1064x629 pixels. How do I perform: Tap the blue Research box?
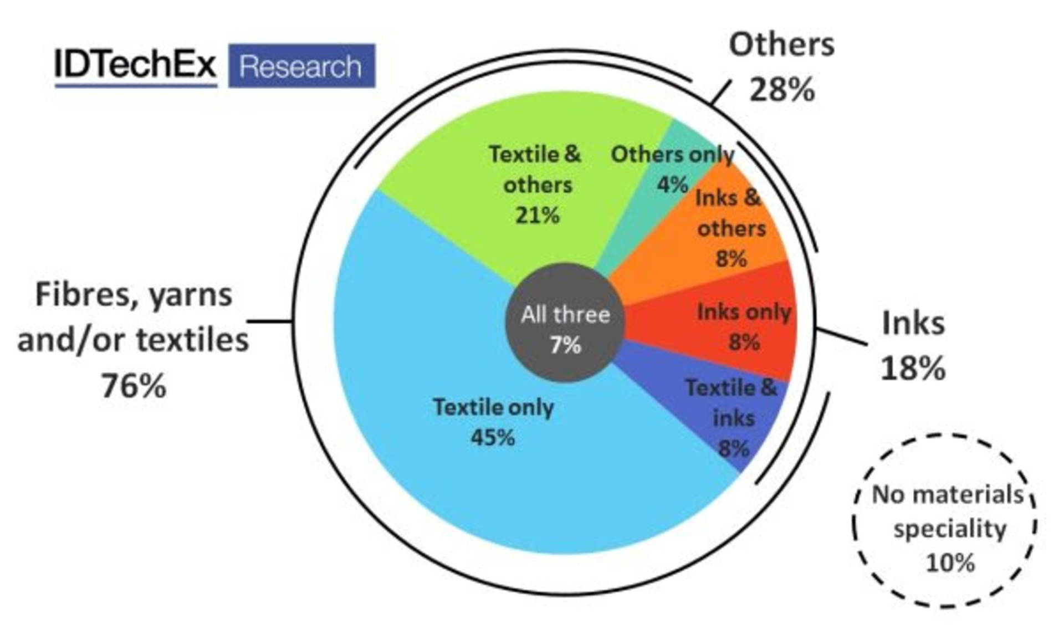[301, 66]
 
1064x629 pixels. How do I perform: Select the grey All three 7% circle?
[565, 323]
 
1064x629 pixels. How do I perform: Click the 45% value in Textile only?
[493, 438]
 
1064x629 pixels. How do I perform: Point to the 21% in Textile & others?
[537, 215]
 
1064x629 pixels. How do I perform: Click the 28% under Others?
[782, 89]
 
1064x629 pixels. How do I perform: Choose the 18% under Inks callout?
[913, 368]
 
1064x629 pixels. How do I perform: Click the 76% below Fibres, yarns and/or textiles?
[134, 386]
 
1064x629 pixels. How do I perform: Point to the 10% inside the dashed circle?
[949, 563]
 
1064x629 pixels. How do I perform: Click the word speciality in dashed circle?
[949, 529]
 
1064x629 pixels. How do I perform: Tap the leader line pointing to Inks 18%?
[842, 337]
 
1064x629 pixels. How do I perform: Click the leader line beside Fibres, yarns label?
[269, 321]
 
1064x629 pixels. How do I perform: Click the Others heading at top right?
[781, 45]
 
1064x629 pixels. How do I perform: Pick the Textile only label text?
[493, 408]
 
